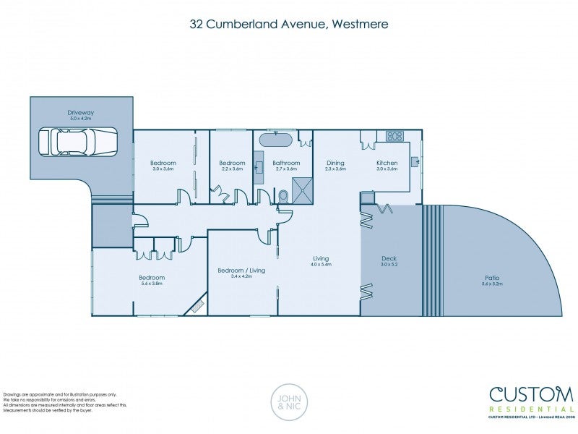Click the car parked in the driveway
click(77, 142)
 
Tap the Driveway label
click(81, 113)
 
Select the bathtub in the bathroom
click(276, 140)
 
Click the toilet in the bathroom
click(283, 196)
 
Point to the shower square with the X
click(303, 190)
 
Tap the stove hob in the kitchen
click(394, 136)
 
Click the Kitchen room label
click(387, 163)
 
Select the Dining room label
click(335, 163)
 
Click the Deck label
click(389, 258)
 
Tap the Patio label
click(492, 278)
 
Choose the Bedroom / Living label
click(241, 270)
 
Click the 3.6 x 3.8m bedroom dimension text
click(152, 284)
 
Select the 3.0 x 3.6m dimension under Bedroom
click(163, 169)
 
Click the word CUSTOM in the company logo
click(531, 394)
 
